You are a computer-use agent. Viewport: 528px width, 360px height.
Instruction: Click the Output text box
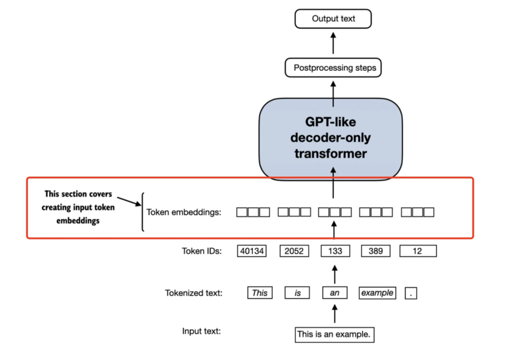click(x=333, y=19)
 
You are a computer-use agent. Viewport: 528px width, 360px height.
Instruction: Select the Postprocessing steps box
click(x=333, y=67)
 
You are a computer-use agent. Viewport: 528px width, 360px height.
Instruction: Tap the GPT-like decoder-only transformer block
click(x=330, y=139)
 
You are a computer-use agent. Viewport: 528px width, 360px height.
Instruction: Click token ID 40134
click(x=252, y=251)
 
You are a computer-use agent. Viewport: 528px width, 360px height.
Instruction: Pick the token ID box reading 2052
click(x=294, y=251)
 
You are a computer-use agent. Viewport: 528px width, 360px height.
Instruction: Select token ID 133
click(x=335, y=251)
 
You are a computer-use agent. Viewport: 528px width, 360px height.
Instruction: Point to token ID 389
click(x=376, y=251)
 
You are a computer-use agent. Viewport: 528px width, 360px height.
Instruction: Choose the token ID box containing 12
click(x=418, y=251)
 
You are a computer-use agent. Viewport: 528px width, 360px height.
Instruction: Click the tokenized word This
click(x=260, y=293)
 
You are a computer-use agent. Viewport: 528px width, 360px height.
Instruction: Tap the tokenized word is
click(x=297, y=293)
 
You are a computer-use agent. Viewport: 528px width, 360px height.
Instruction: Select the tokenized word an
click(x=335, y=293)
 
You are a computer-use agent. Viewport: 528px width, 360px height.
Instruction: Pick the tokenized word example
click(x=377, y=293)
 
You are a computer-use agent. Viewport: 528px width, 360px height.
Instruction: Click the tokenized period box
click(x=411, y=293)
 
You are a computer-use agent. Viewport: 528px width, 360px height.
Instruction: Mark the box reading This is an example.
click(x=334, y=335)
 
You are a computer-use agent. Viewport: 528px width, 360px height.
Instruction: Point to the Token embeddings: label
click(x=184, y=212)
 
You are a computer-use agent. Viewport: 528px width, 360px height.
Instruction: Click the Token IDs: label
click(x=202, y=251)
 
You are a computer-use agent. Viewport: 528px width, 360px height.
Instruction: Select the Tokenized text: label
click(x=194, y=293)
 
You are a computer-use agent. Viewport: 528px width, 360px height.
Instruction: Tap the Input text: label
click(x=201, y=331)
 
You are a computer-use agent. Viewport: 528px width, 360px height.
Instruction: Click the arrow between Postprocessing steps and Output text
click(x=333, y=43)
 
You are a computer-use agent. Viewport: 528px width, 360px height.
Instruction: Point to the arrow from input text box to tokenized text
click(x=335, y=314)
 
